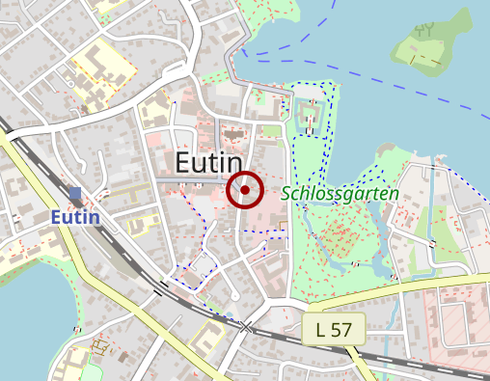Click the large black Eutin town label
[x=206, y=161]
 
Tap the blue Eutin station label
[x=75, y=217]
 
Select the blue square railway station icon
[x=75, y=193]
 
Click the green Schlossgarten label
[x=340, y=193]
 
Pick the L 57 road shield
[x=333, y=330]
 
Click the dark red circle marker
[x=245, y=190]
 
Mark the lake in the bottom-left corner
[x=29, y=309]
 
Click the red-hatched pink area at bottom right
[x=458, y=328]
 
